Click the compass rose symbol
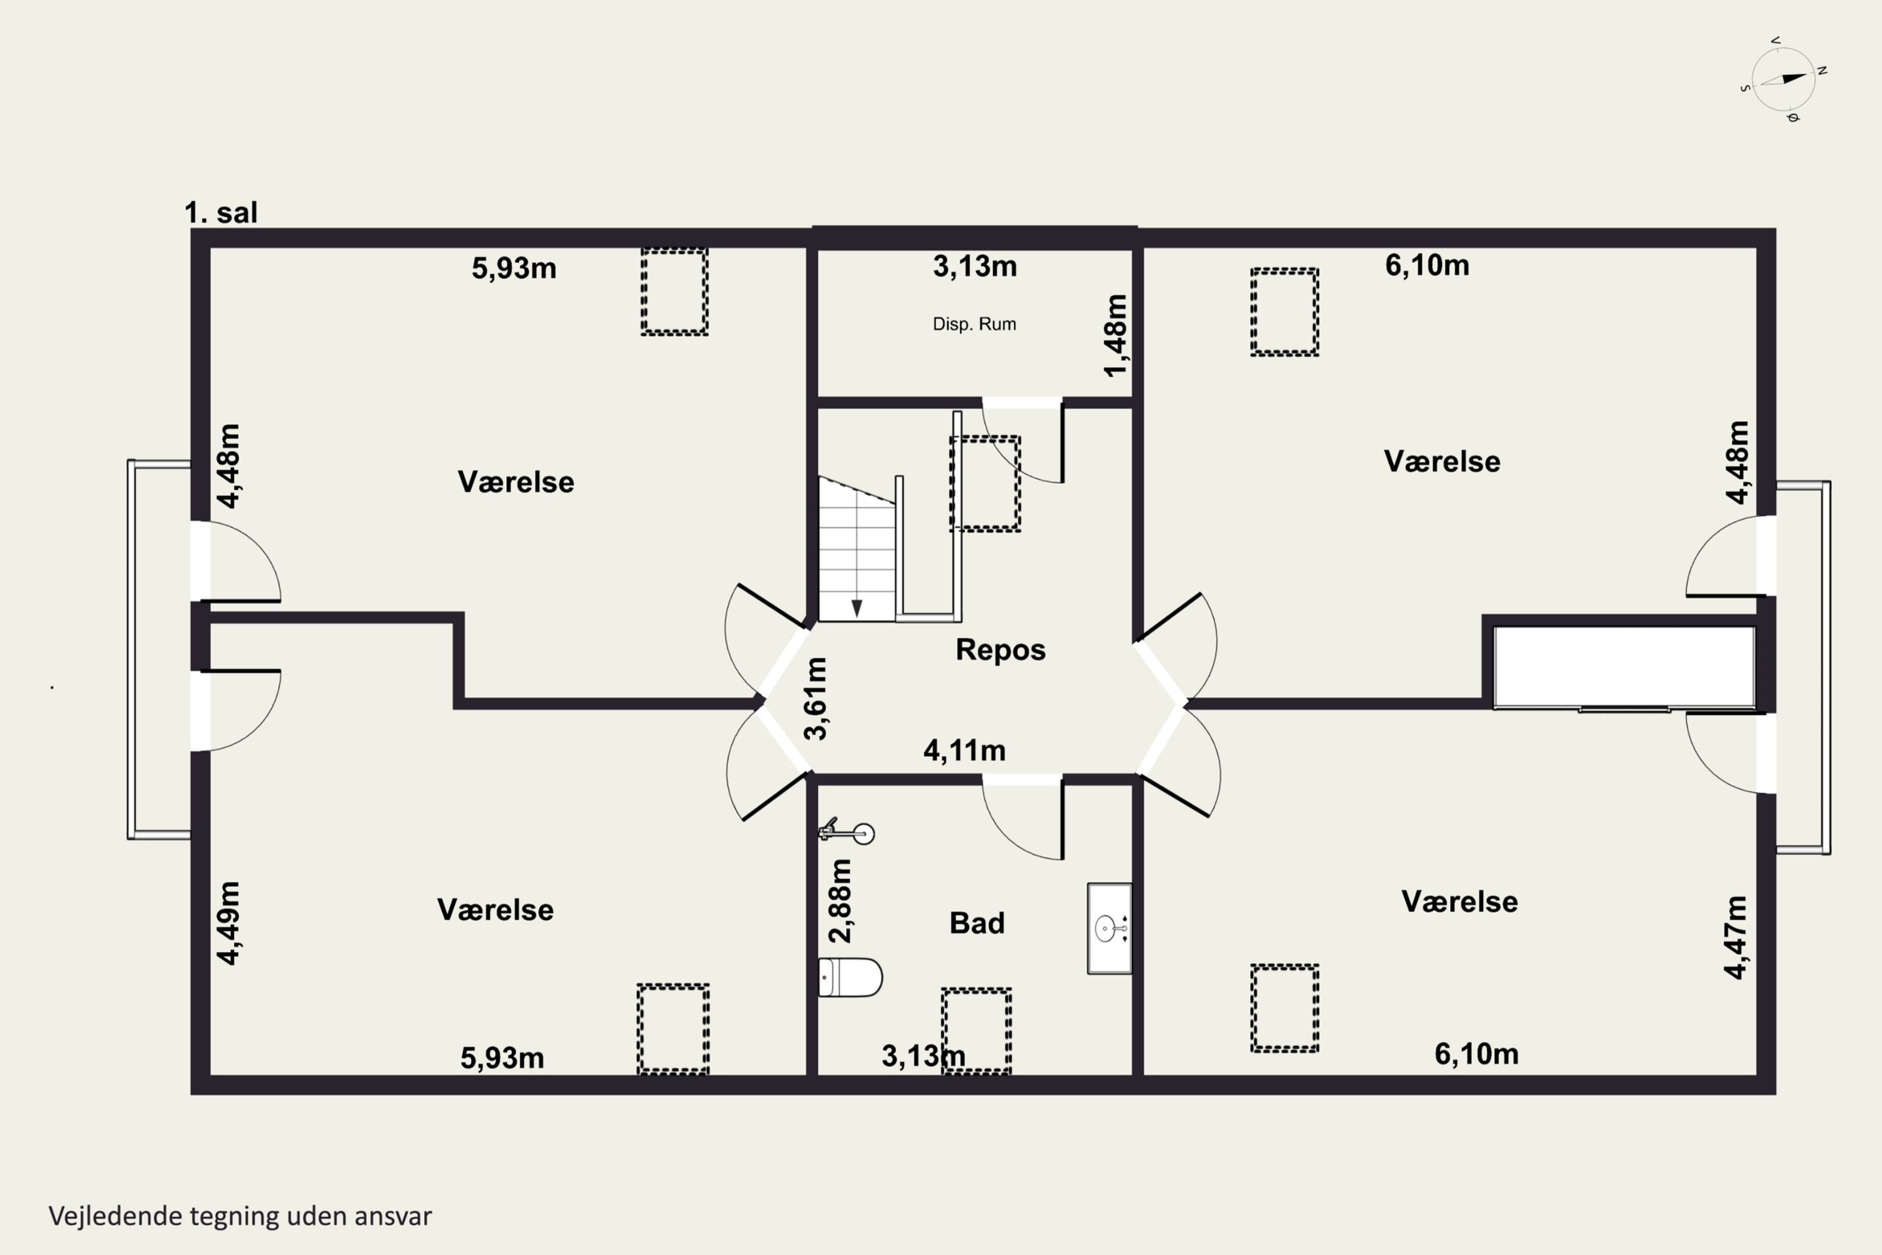[x=1783, y=79]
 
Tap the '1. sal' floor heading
[x=221, y=213]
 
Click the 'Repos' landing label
[x=1000, y=649]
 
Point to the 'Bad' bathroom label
[x=977, y=923]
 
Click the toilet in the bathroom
[x=850, y=977]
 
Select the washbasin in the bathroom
[x=1109, y=929]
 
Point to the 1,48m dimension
[x=1115, y=335]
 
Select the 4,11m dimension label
[x=964, y=750]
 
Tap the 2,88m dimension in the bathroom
[x=839, y=900]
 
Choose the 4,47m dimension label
[x=1736, y=937]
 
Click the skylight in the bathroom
[x=976, y=1031]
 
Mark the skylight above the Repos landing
[x=985, y=483]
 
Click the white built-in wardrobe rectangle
[x=1624, y=666]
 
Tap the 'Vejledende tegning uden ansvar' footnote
[x=240, y=1216]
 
